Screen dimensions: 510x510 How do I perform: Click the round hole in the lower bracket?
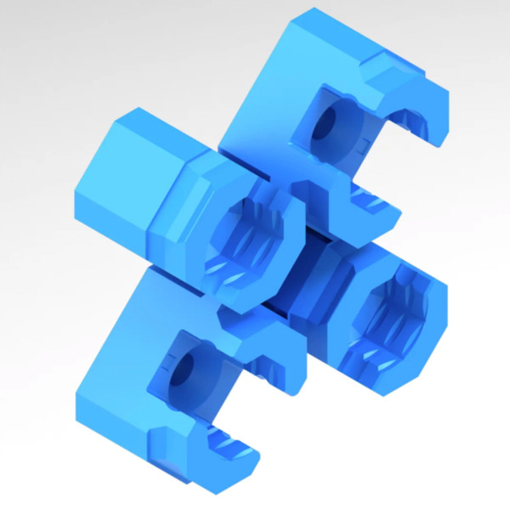pos(182,371)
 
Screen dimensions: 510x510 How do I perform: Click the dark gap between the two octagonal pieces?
pos(293,293)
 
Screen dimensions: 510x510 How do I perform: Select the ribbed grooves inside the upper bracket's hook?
pos(416,119)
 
